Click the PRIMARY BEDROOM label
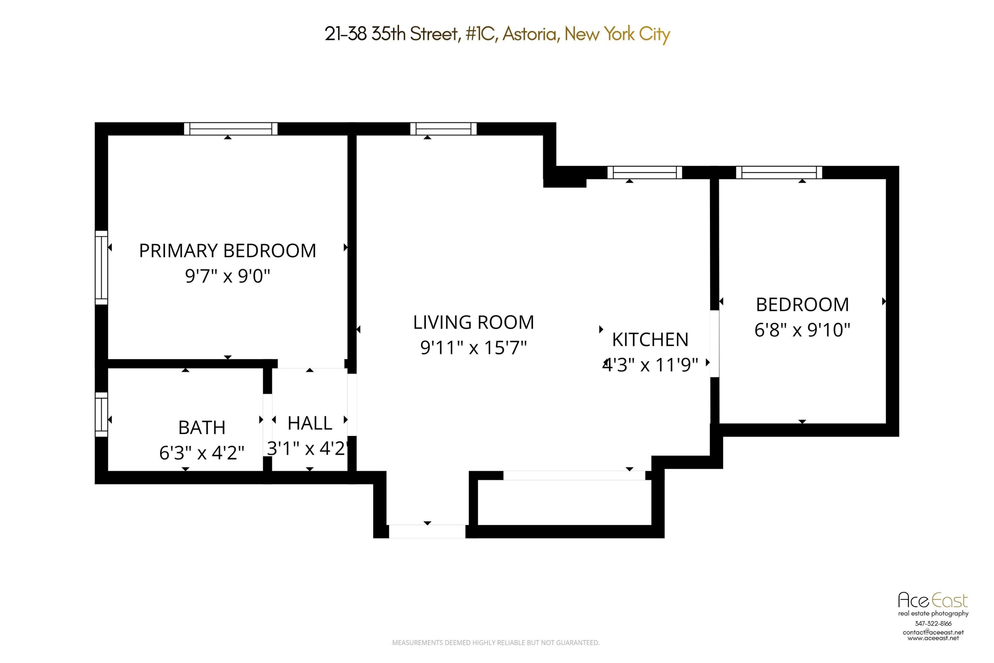point(227,251)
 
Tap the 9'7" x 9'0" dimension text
point(227,276)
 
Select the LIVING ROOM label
point(473,323)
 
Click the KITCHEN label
point(650,339)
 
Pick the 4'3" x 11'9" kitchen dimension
point(650,364)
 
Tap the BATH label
point(202,428)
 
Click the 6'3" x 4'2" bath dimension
point(202,453)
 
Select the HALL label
point(310,423)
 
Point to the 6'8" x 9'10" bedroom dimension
point(802,330)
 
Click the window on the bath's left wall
point(102,414)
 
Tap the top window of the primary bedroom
point(231,129)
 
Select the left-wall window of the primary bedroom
point(102,267)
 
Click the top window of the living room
point(443,129)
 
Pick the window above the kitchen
point(645,173)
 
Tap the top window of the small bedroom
point(779,173)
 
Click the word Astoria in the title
point(529,34)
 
